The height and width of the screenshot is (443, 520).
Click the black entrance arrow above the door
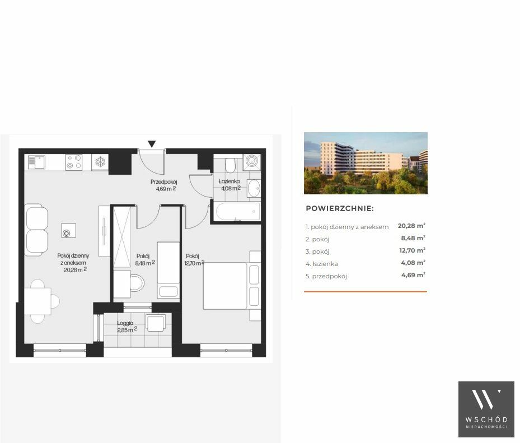pyautogui.click(x=152, y=144)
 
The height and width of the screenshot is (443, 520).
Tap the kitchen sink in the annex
pyautogui.click(x=36, y=162)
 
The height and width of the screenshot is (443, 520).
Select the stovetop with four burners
pyautogui.click(x=74, y=162)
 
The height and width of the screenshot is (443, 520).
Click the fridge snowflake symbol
pyautogui.click(x=100, y=162)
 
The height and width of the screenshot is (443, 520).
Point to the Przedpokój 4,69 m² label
pyautogui.click(x=164, y=185)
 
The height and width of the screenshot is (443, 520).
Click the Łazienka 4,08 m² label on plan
pyautogui.click(x=230, y=185)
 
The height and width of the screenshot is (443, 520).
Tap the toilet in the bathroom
pyautogui.click(x=230, y=164)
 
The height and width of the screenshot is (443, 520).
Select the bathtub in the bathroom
pyautogui.click(x=237, y=212)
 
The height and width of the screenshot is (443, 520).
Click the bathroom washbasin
pyautogui.click(x=254, y=189)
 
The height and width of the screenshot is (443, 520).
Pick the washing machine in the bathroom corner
pyautogui.click(x=252, y=162)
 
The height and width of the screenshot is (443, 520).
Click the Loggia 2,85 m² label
pyautogui.click(x=127, y=327)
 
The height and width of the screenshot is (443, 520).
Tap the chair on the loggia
pyautogui.click(x=156, y=323)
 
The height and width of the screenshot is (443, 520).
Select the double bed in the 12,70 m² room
pyautogui.click(x=232, y=286)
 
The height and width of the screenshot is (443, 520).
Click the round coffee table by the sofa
pyautogui.click(x=68, y=231)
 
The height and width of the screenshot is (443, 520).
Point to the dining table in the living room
pyautogui.click(x=38, y=301)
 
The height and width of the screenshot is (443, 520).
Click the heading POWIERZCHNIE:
pyautogui.click(x=340, y=209)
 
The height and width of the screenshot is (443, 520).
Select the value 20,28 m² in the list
pyautogui.click(x=411, y=226)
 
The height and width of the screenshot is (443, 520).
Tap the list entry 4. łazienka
pyautogui.click(x=322, y=264)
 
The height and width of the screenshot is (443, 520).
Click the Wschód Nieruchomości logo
pyautogui.click(x=486, y=409)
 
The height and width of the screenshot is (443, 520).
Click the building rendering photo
pyautogui.click(x=366, y=164)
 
